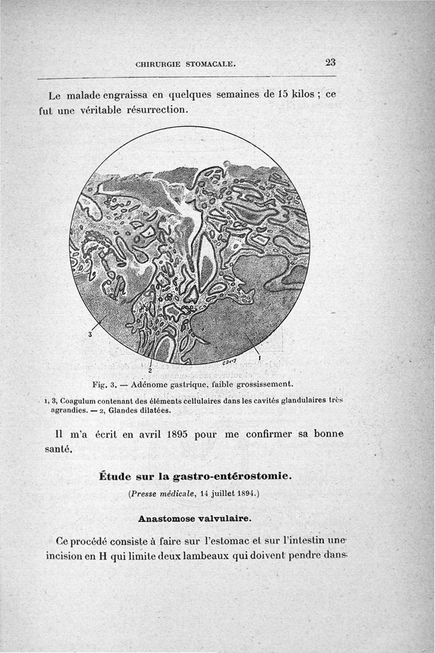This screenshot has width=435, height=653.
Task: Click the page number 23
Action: [330, 62]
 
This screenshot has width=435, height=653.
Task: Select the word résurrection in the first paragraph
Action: [157, 109]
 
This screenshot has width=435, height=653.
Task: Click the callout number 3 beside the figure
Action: [90, 335]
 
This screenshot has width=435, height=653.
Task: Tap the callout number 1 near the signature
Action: [259, 358]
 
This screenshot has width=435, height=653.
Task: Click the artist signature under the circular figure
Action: [229, 361]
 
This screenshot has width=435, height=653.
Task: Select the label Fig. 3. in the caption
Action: [102, 384]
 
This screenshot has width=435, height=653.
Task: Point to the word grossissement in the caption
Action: [264, 384]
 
